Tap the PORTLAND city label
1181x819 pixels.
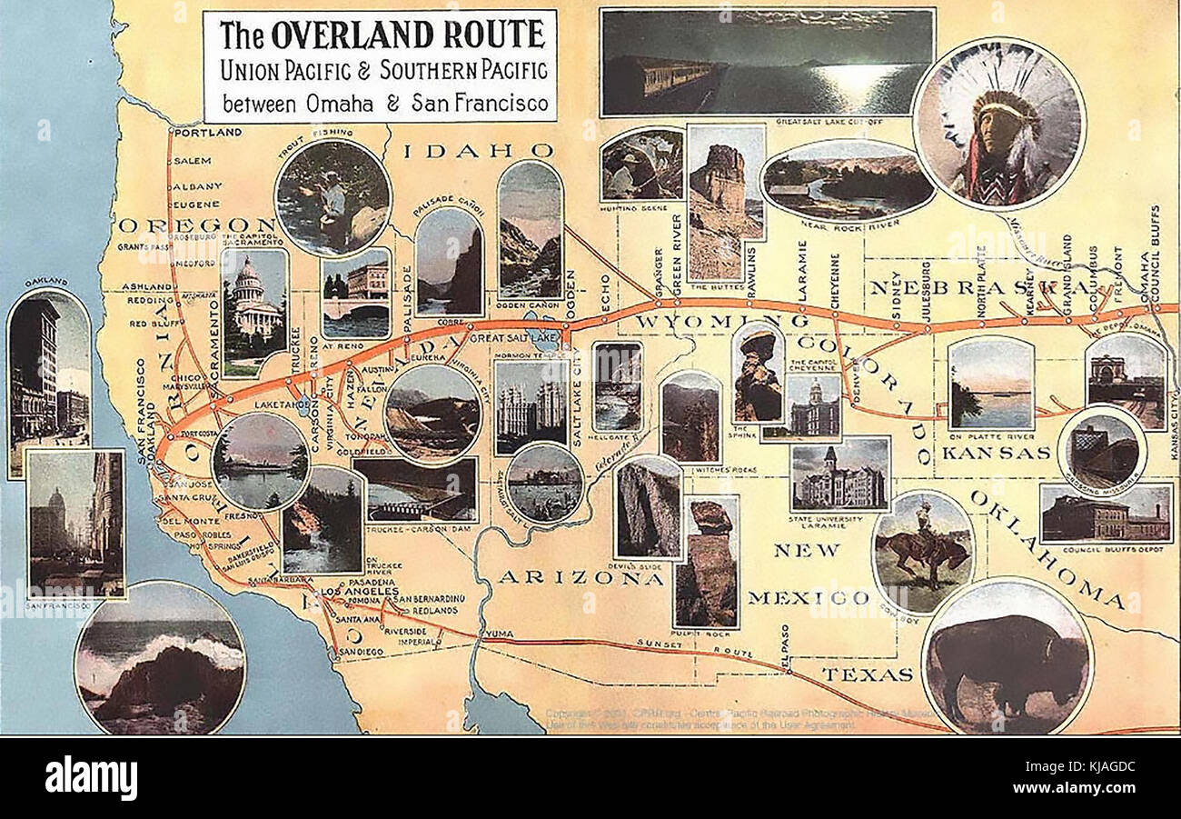tap(208, 133)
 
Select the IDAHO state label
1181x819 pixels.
tap(478, 151)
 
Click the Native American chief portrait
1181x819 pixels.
tap(999, 125)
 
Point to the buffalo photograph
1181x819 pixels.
tap(1007, 656)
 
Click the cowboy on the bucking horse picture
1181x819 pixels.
tap(922, 552)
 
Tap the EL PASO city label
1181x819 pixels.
tap(787, 647)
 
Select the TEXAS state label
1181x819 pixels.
tap(868, 674)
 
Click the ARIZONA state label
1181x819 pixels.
tap(581, 577)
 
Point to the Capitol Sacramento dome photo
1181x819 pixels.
tap(254, 312)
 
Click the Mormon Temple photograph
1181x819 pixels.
tap(531, 405)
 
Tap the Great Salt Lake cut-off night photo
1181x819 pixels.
tap(767, 62)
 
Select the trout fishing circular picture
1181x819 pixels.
tap(332, 197)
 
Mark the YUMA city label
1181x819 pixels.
tap(498, 633)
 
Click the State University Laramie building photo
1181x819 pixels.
tap(839, 474)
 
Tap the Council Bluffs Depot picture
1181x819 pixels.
tap(1106, 513)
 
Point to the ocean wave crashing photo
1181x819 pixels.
tap(160, 657)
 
